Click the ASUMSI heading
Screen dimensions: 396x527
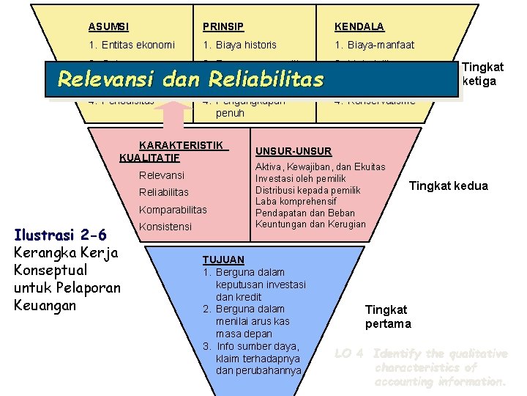pyautogui.click(x=108, y=27)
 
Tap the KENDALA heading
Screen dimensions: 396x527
pyautogui.click(x=359, y=27)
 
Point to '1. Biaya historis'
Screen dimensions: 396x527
pyautogui.click(x=240, y=45)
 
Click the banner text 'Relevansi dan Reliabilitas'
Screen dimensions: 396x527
pyautogui.click(x=190, y=78)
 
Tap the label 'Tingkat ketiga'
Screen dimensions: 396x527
pyautogui.click(x=479, y=74)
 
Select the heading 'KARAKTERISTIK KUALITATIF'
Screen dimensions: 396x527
pyautogui.click(x=173, y=151)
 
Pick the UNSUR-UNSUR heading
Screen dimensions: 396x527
pyautogui.click(x=293, y=151)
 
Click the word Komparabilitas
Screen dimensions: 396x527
pyautogui.click(x=173, y=209)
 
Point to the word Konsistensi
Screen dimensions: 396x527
pyautogui.click(x=165, y=227)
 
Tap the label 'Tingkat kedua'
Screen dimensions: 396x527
pyautogui.click(x=448, y=186)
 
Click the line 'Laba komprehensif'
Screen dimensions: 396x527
pyautogui.click(x=295, y=202)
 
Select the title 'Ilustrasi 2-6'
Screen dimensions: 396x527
pyautogui.click(x=61, y=235)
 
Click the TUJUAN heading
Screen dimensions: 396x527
pyautogui.click(x=223, y=260)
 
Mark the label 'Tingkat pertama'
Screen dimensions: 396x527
pyautogui.click(x=388, y=317)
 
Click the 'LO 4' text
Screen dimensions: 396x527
pyautogui.click(x=349, y=353)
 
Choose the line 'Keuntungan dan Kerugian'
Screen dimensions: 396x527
pyautogui.click(x=310, y=224)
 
